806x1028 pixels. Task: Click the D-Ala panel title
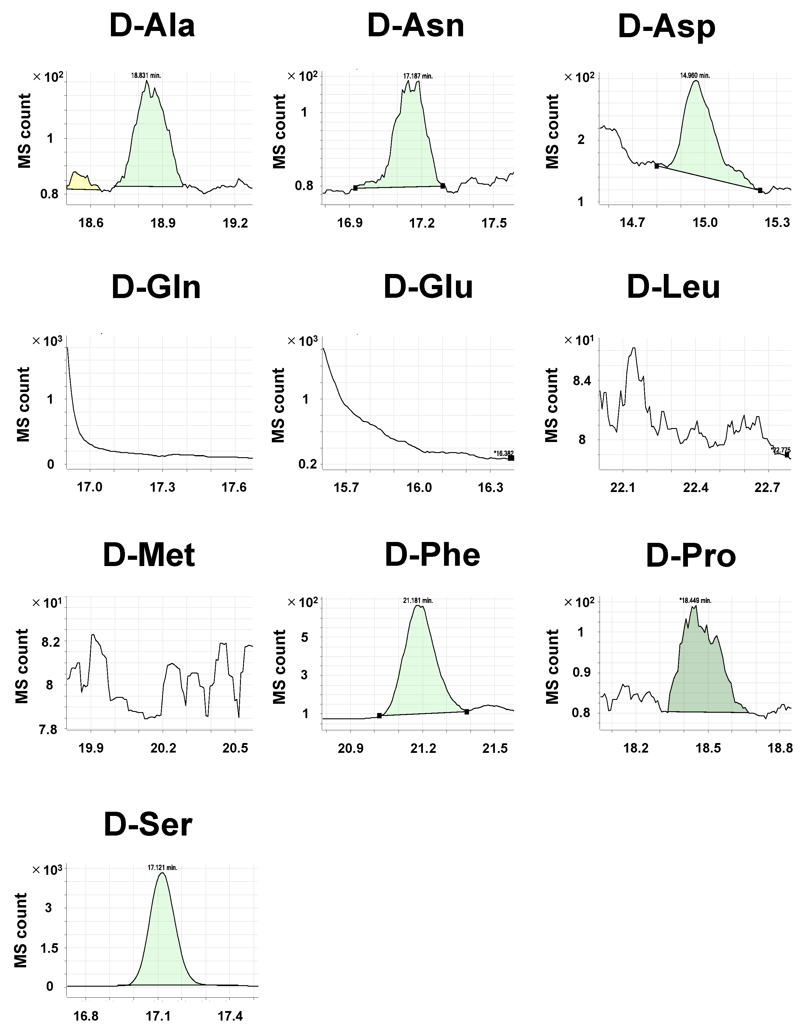coord(152,26)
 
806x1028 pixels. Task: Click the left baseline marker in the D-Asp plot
coord(656,166)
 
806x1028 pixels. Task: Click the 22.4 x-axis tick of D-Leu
coord(696,488)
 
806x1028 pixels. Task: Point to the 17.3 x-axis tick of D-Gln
coord(162,488)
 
